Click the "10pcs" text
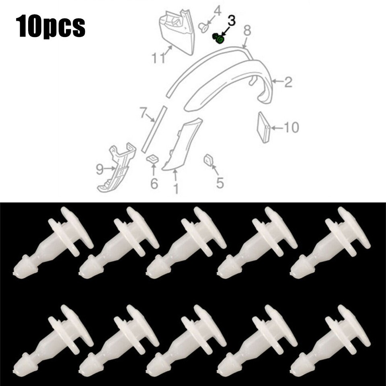(x=51, y=27)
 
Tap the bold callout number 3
(x=232, y=20)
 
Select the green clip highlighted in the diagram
(x=219, y=39)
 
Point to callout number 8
(x=247, y=30)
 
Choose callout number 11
(x=158, y=59)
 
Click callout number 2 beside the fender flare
(x=288, y=82)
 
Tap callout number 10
(x=291, y=128)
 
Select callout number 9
(x=100, y=170)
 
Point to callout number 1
(x=175, y=187)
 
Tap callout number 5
(x=220, y=183)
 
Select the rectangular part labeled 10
(x=263, y=127)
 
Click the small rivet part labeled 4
(x=203, y=27)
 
